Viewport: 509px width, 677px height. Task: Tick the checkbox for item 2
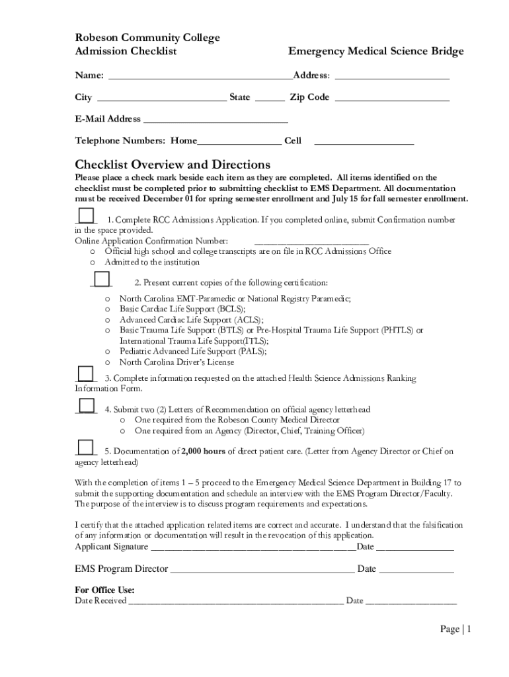coord(101,280)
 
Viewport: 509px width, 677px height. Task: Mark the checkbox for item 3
coord(85,374)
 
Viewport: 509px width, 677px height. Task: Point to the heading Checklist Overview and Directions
coord(173,165)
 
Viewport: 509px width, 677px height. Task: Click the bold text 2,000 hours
coord(204,452)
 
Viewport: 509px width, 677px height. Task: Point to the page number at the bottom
coord(455,629)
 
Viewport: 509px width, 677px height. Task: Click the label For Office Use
coord(105,590)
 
